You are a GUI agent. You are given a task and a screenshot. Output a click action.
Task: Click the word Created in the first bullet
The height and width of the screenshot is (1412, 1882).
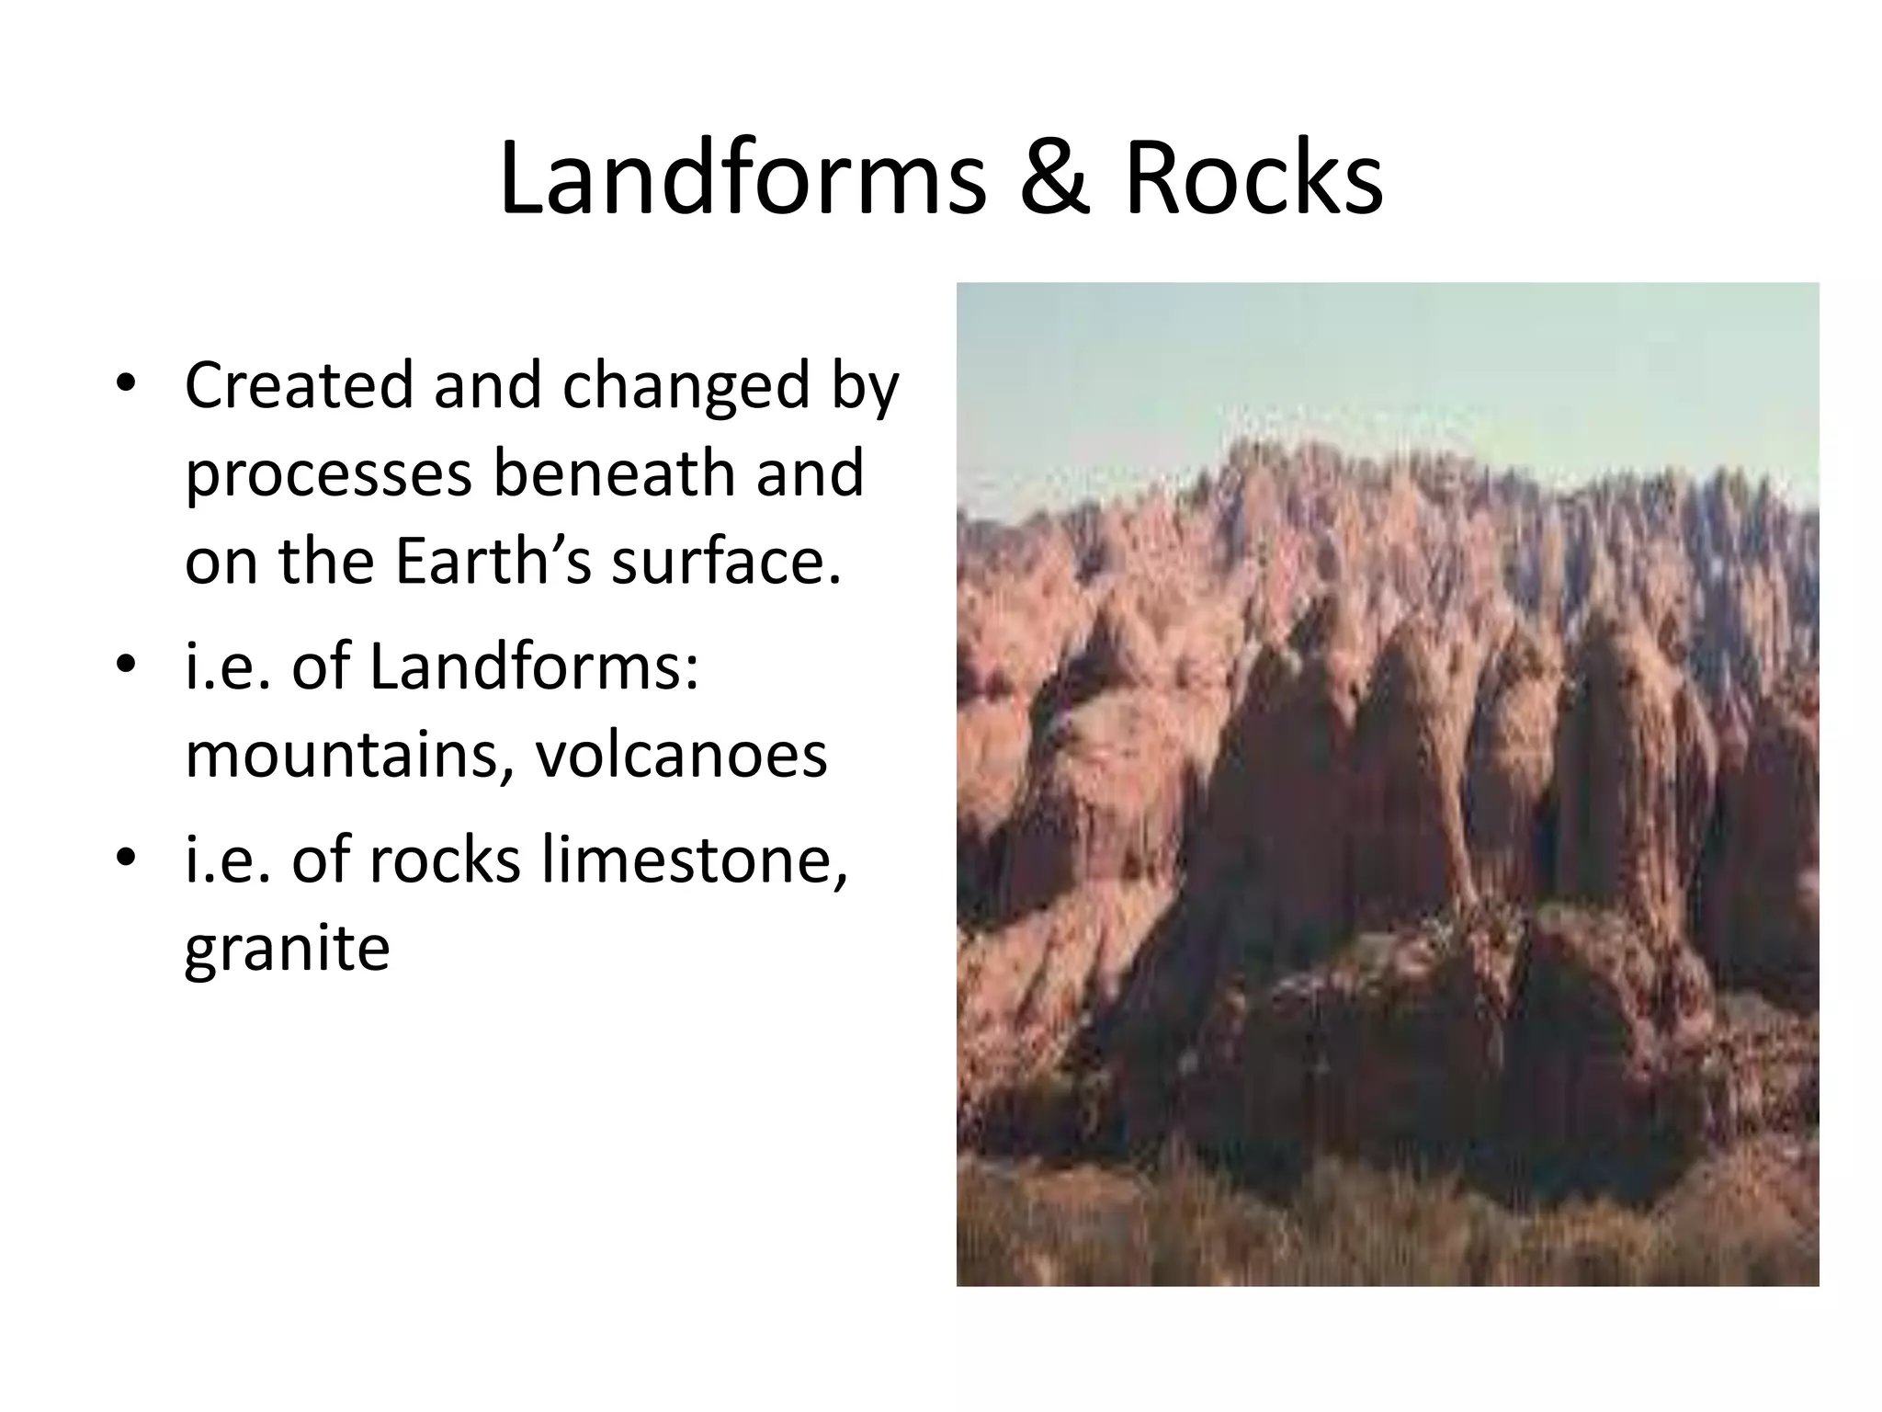[299, 386]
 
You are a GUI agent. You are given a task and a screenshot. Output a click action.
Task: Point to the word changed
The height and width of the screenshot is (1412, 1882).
[685, 388]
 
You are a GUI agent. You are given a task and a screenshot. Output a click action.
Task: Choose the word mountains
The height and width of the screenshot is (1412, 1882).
[348, 756]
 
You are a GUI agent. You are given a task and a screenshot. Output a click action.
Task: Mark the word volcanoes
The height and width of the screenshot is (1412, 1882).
[681, 756]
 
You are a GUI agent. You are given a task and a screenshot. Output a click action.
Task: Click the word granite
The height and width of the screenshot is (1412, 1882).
[287, 949]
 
